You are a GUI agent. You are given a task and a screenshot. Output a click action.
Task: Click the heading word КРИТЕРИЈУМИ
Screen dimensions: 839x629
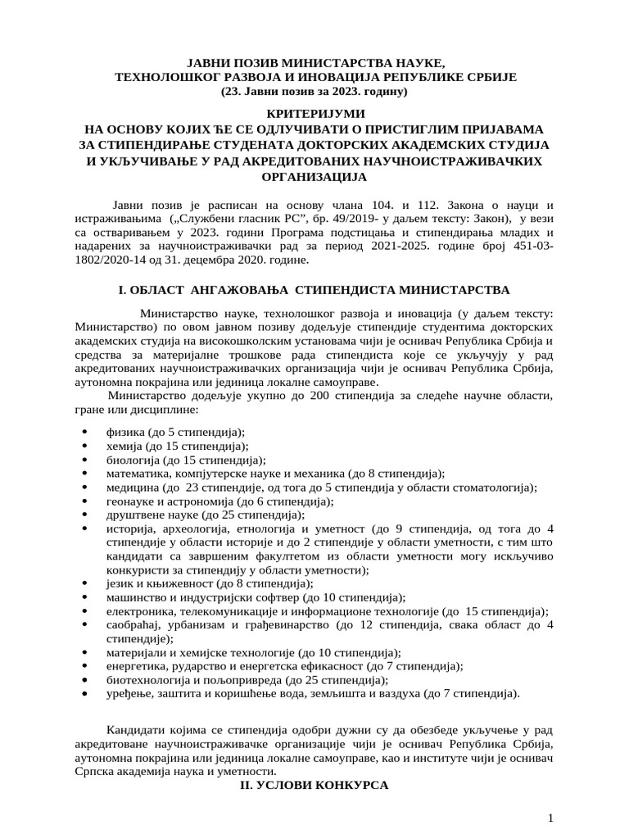[x=314, y=112]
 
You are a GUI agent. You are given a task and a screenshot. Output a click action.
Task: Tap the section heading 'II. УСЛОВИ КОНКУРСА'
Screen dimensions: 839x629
[x=314, y=785]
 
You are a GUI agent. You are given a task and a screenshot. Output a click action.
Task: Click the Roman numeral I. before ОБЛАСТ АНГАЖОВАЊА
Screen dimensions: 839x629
[x=124, y=290]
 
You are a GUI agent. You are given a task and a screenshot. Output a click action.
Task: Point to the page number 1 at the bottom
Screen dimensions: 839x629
[x=551, y=819]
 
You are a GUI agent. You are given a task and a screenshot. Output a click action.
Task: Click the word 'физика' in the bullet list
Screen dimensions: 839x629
[x=124, y=432]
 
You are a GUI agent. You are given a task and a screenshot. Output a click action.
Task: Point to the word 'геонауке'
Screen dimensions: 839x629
[x=129, y=501]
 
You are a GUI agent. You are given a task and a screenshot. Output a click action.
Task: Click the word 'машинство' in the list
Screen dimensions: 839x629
[x=134, y=597]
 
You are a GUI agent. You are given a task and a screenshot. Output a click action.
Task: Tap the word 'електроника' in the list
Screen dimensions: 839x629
[x=138, y=611]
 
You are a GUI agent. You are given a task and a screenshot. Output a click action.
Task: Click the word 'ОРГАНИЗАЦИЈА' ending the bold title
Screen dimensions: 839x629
[x=314, y=176]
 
